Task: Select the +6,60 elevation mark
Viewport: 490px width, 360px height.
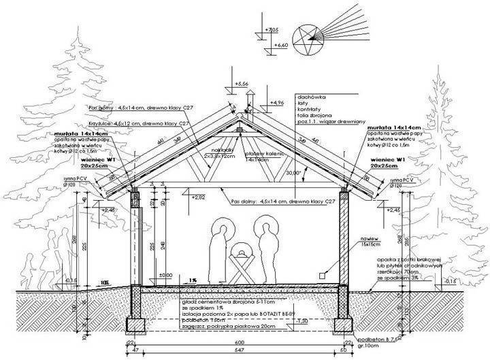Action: click(x=280, y=45)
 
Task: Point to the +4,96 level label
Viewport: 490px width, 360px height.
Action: click(x=276, y=103)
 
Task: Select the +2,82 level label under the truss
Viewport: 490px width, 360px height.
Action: click(x=199, y=197)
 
